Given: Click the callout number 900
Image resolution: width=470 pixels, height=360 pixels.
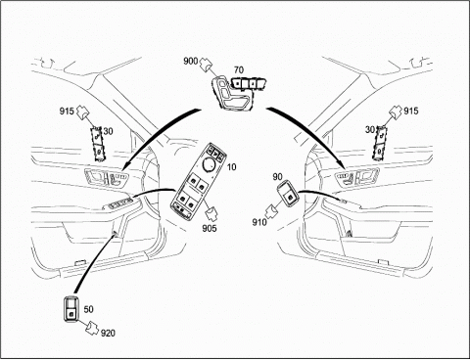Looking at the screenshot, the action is pos(191,61).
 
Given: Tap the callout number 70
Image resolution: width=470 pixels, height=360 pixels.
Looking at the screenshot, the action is pos(239,69).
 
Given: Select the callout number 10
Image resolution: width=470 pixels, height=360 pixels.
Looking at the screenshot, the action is pos(231,167).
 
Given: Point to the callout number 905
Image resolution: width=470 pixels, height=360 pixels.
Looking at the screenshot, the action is pos(210,228).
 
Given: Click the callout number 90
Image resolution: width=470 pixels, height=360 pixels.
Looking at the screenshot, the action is pos(277,177).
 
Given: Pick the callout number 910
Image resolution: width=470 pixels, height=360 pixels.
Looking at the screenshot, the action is pos(259,222).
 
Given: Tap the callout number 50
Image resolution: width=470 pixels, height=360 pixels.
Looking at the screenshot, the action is pos(88,309).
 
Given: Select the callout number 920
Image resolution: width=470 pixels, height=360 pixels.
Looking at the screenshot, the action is pos(108,333).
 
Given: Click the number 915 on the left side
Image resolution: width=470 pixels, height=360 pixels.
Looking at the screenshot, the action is pos(67,112).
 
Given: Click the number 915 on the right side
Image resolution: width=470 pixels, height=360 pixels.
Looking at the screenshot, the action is pos(411,112).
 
